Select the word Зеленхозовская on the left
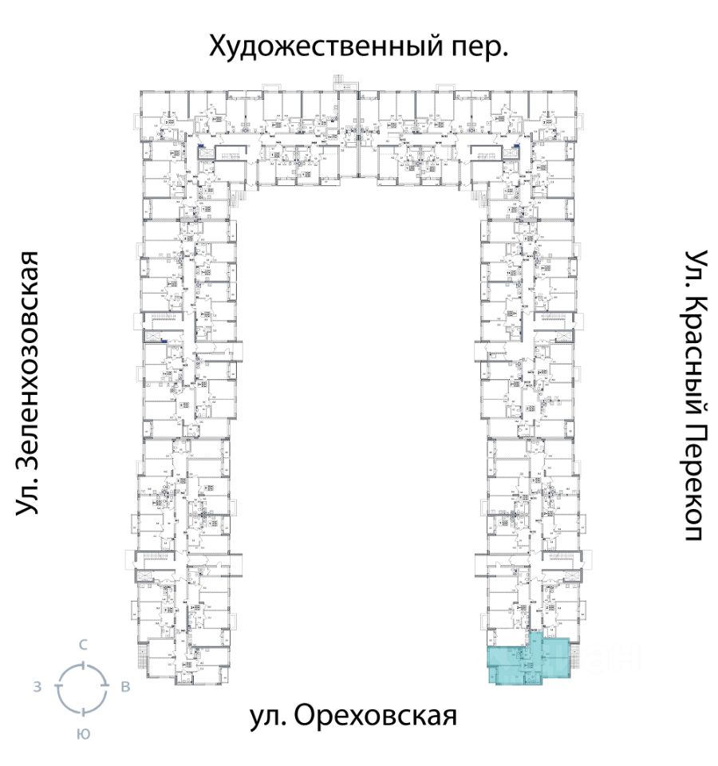pyautogui.click(x=29, y=351)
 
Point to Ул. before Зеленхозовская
pyautogui.click(x=29, y=498)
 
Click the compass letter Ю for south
pyautogui.click(x=82, y=734)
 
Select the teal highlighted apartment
pyautogui.click(x=527, y=658)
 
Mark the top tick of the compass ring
pyautogui.click(x=82, y=665)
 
